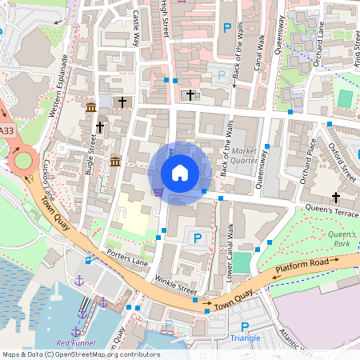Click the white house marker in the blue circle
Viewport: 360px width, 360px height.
(x=180, y=172)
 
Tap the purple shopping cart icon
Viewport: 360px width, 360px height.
(x=158, y=191)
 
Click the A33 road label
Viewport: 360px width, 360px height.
(x=6, y=130)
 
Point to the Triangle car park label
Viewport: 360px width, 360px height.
(x=245, y=338)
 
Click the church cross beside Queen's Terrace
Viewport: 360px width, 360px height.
(x=336, y=197)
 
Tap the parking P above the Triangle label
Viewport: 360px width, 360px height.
(x=245, y=326)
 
